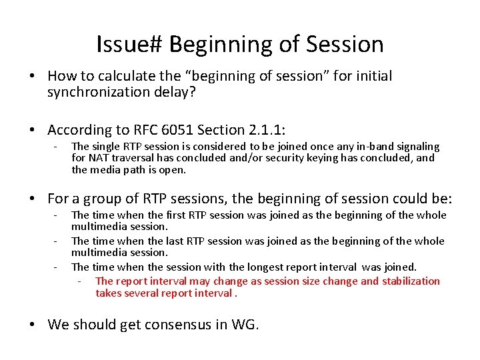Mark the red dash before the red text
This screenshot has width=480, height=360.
(79, 281)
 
